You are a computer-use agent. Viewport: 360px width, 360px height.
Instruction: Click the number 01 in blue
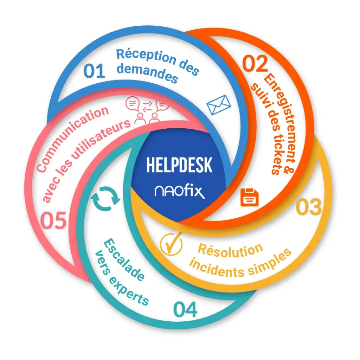pos(94,71)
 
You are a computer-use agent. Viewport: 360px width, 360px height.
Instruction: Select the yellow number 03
pos(309,207)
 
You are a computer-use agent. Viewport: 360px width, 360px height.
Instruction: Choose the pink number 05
pos(53,221)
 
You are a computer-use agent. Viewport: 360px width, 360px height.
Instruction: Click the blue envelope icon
pos(219,105)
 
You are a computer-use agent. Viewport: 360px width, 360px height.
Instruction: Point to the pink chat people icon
pos(147,110)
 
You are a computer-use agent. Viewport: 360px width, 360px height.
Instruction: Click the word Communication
pos(72,139)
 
